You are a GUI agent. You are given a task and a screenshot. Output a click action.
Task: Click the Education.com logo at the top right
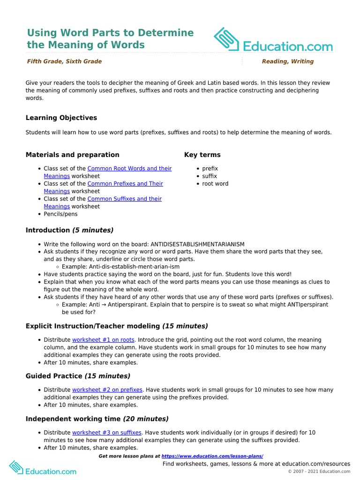(273, 41)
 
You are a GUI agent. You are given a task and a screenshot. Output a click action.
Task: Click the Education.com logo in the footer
(43, 467)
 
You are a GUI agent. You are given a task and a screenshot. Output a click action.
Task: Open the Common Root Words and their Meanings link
(129, 168)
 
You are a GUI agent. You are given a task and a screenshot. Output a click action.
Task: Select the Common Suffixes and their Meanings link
(124, 199)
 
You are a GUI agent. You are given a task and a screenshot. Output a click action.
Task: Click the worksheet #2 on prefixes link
(107, 390)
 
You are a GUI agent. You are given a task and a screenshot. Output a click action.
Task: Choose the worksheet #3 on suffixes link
(106, 433)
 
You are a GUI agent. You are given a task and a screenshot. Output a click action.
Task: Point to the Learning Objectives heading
(61, 118)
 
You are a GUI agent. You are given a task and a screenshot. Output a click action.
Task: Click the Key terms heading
(202, 155)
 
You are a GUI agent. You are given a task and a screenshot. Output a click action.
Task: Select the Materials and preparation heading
(73, 155)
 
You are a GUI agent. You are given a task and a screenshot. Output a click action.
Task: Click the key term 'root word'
(215, 184)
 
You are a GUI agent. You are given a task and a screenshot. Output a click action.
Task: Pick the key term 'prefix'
(210, 168)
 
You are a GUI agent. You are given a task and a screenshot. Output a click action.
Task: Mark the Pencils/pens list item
(61, 214)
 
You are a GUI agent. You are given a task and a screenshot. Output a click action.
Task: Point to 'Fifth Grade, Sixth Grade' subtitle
(64, 61)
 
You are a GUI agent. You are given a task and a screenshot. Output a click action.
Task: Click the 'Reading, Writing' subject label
(288, 61)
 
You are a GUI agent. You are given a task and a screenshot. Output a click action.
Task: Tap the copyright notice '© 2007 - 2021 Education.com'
(319, 472)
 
